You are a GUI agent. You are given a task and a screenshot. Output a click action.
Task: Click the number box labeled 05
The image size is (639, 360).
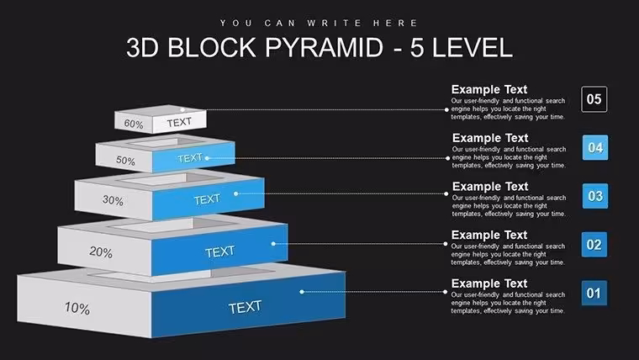point(594,99)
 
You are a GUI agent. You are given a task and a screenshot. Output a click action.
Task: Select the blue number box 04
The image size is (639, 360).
point(595,147)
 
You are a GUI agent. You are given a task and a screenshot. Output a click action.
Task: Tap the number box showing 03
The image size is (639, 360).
point(595,196)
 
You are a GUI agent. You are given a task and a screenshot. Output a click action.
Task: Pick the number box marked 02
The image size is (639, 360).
point(594,245)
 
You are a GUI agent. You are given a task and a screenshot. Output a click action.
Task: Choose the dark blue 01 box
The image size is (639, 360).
point(594,294)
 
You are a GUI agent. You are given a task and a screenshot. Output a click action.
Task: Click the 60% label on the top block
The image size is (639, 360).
point(134,124)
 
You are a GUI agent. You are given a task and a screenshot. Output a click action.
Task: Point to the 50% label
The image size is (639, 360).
point(125,160)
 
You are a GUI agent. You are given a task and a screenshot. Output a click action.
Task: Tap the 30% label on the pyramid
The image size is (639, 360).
point(113,200)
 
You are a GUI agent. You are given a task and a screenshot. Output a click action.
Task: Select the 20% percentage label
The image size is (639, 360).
point(101,252)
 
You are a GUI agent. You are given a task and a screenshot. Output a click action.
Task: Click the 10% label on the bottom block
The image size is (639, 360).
point(77,308)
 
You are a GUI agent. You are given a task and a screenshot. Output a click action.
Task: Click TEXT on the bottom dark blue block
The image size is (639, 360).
point(245,307)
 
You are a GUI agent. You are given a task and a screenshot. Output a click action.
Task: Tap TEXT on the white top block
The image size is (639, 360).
point(179,122)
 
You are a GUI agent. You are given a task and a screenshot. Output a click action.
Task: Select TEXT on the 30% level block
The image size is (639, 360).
point(207,199)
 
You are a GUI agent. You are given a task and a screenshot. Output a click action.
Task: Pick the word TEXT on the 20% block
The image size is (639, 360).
point(219,251)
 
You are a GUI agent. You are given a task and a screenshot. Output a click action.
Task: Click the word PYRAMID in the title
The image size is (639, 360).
point(324,47)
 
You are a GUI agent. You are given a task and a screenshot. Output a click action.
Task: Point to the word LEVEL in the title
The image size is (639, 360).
point(472,47)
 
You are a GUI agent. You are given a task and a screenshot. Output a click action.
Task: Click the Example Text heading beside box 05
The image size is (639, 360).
point(489,89)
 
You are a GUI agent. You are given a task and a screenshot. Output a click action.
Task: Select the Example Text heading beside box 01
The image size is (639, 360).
point(489,283)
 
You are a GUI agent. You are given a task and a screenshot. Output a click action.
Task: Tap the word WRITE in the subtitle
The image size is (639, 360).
point(334,23)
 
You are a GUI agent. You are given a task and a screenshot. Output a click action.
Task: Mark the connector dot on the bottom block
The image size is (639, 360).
point(302,292)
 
